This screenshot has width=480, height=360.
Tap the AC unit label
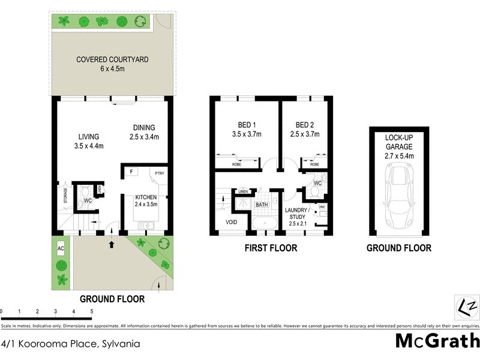60,248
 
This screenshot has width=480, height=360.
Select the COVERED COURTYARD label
112,64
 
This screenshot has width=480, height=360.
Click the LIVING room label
88,141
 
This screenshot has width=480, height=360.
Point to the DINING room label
144,132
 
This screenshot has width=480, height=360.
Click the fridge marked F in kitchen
130,172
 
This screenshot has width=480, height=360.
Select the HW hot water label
322,207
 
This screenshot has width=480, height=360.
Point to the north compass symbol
466,307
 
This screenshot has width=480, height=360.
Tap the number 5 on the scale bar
91,312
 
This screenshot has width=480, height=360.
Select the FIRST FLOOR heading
268,248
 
